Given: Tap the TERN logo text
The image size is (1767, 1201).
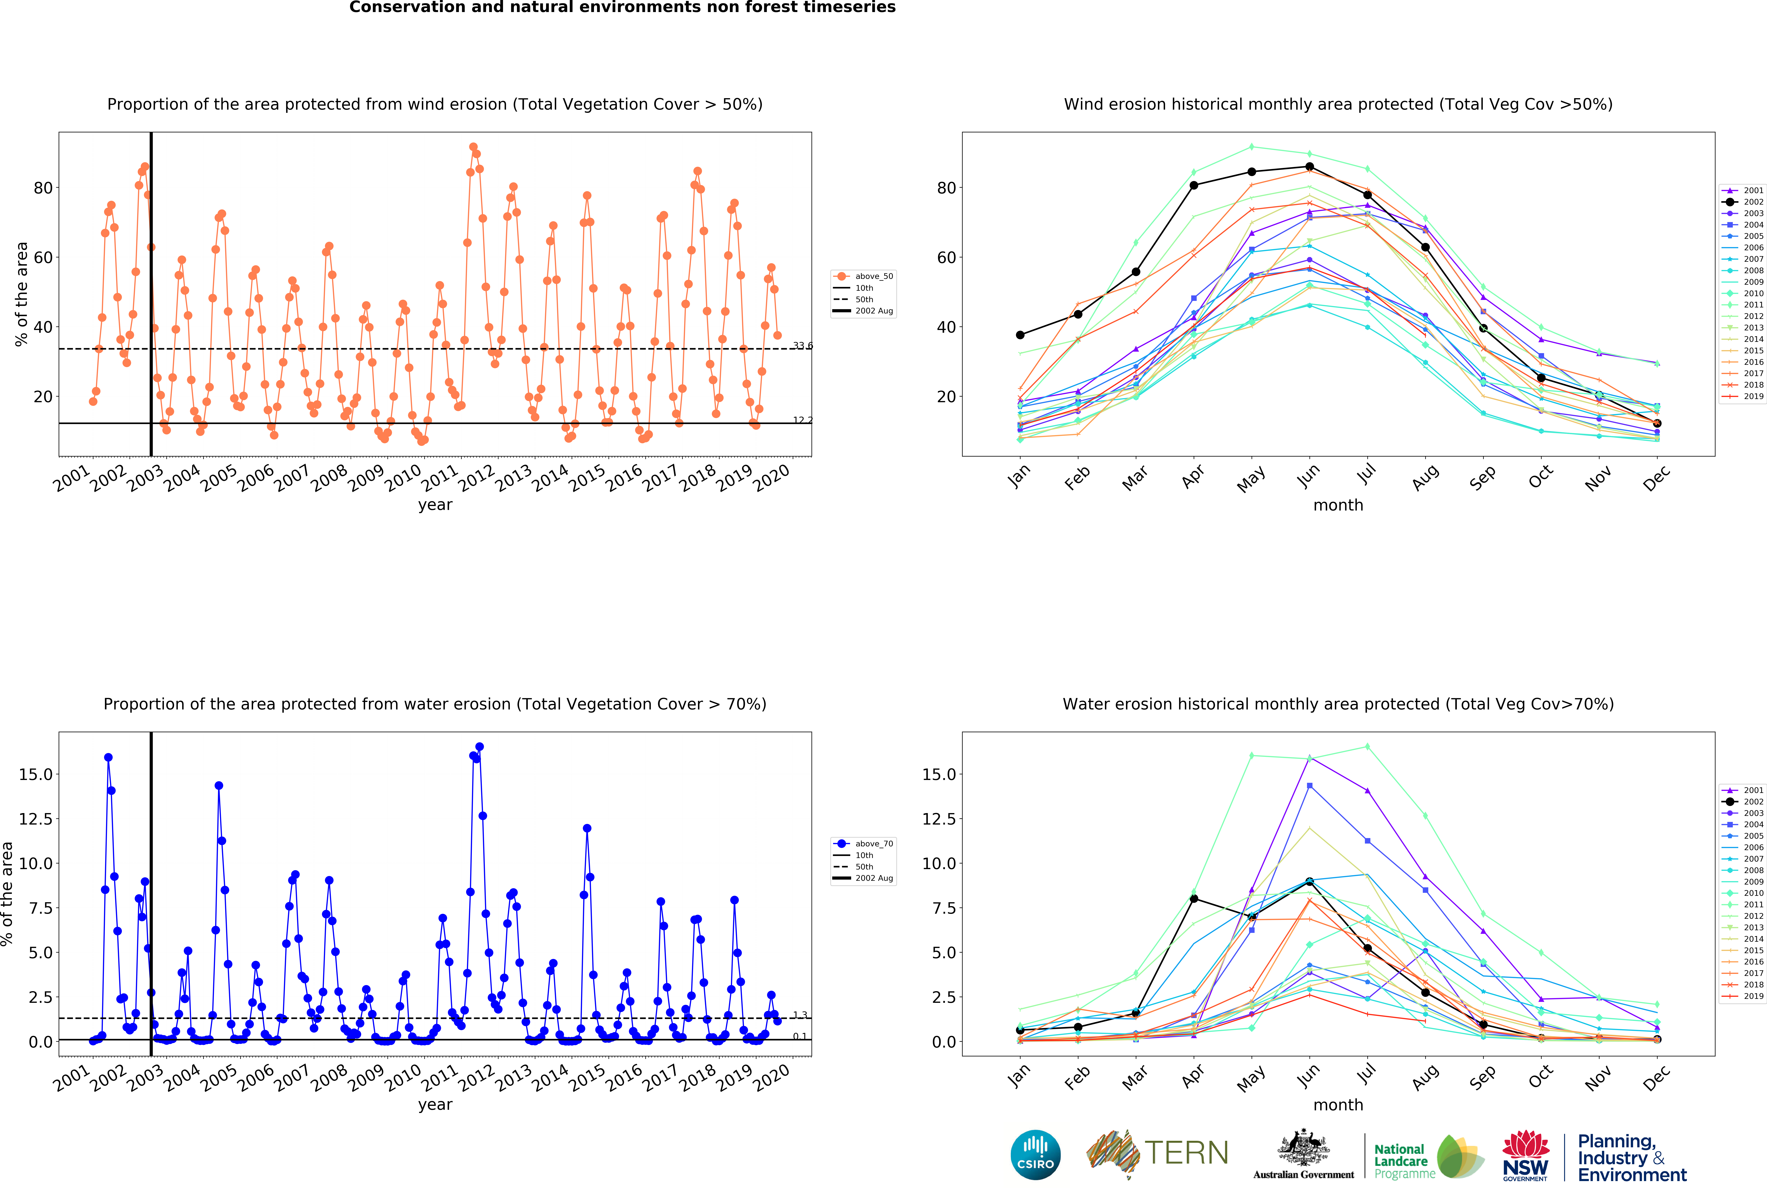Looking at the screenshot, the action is [x=1186, y=1153].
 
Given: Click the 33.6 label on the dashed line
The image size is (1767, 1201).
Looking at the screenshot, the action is [x=803, y=346].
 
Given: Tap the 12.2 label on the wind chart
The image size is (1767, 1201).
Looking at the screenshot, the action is [x=803, y=420].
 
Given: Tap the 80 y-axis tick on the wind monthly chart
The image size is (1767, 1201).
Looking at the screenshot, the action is [x=947, y=188].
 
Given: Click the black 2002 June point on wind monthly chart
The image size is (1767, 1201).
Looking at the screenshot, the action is [x=1309, y=167].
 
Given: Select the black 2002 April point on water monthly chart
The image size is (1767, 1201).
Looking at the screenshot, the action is [x=1194, y=899].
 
